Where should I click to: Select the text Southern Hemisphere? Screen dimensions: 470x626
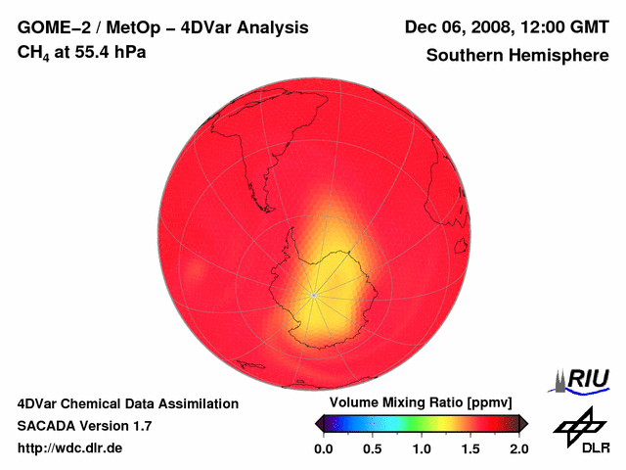pyautogui.click(x=517, y=56)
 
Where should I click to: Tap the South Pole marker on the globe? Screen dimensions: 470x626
pyautogui.click(x=313, y=295)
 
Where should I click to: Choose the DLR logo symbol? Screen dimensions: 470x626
pyautogui.click(x=578, y=426)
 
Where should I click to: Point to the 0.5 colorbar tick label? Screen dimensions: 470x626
pyautogui.click(x=373, y=448)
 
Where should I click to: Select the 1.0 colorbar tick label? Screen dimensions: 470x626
pyautogui.click(x=422, y=448)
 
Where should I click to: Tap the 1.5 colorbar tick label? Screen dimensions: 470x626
pyautogui.click(x=470, y=448)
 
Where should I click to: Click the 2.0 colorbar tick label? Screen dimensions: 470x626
pyautogui.click(x=518, y=448)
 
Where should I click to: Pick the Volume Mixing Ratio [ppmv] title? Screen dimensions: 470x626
pyautogui.click(x=422, y=403)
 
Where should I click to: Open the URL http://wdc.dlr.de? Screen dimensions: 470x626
pyautogui.click(x=70, y=448)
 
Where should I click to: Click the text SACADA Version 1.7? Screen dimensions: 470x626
pyautogui.click(x=84, y=426)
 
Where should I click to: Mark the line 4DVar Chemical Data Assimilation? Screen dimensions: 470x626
pyautogui.click(x=128, y=403)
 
